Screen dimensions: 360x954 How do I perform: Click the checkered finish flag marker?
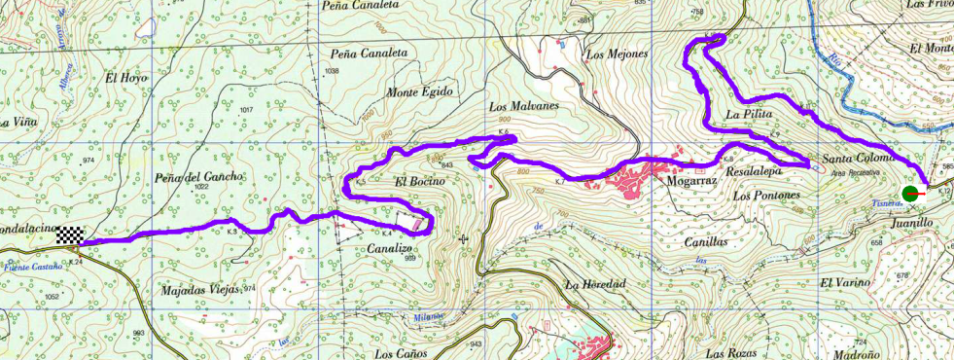click(x=69, y=234)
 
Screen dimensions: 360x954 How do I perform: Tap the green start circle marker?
click(x=911, y=194)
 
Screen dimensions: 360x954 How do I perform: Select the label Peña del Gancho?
click(x=198, y=177)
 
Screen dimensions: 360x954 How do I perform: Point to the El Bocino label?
click(x=419, y=182)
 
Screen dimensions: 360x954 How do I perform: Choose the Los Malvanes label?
click(x=523, y=106)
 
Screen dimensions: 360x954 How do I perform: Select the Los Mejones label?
click(x=617, y=54)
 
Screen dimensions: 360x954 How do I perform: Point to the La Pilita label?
click(x=749, y=115)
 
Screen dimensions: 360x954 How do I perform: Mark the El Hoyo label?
click(x=125, y=78)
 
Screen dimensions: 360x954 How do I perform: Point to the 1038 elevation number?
click(x=332, y=71)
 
